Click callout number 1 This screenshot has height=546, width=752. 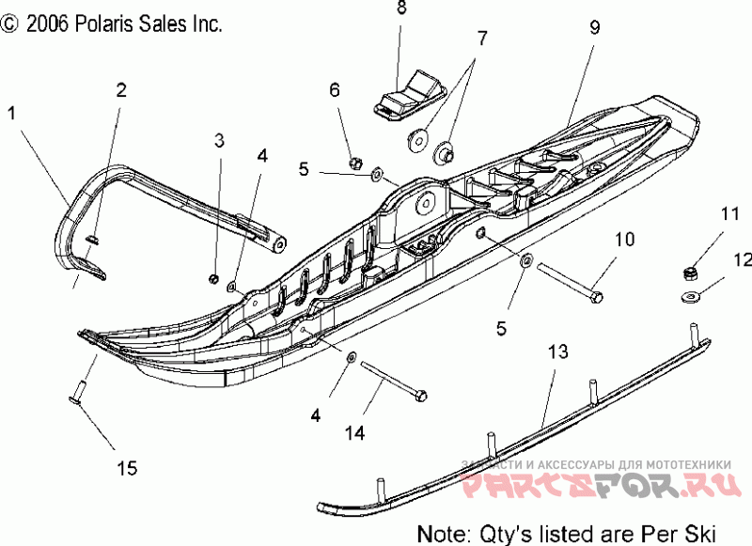(x=11, y=114)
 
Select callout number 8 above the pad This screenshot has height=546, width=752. (x=401, y=9)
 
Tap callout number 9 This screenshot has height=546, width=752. (x=594, y=27)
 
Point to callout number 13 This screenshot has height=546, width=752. (x=558, y=352)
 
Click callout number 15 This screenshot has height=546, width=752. (x=127, y=466)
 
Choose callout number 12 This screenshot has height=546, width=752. (x=743, y=258)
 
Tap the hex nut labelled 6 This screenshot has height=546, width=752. (x=356, y=158)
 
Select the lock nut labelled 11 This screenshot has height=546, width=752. (x=688, y=273)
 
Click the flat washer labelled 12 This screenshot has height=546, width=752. (x=689, y=298)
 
